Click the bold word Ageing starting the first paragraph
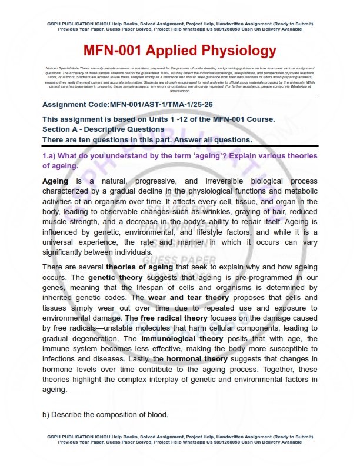coord(55,181)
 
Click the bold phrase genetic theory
coord(112,277)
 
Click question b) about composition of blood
coord(105,415)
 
